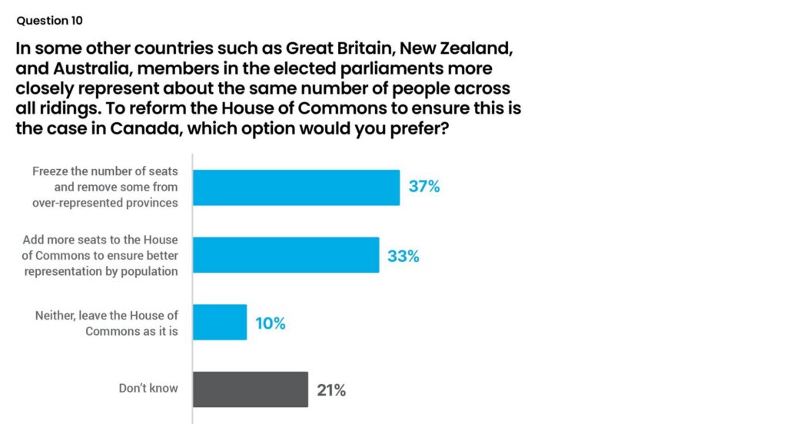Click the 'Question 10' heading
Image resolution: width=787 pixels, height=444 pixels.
click(49, 21)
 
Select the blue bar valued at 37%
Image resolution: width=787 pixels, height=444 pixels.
click(296, 187)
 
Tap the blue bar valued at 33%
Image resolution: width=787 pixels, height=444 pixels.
click(285, 255)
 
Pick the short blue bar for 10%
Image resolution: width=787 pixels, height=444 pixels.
click(219, 323)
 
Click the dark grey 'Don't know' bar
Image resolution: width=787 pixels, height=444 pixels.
click(250, 389)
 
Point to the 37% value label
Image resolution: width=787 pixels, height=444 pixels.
click(424, 187)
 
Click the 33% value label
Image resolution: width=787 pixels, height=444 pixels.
click(403, 256)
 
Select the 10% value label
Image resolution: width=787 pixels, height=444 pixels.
click(271, 323)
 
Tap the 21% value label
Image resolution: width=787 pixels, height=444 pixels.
click(331, 390)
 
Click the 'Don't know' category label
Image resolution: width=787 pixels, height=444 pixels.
click(148, 389)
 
